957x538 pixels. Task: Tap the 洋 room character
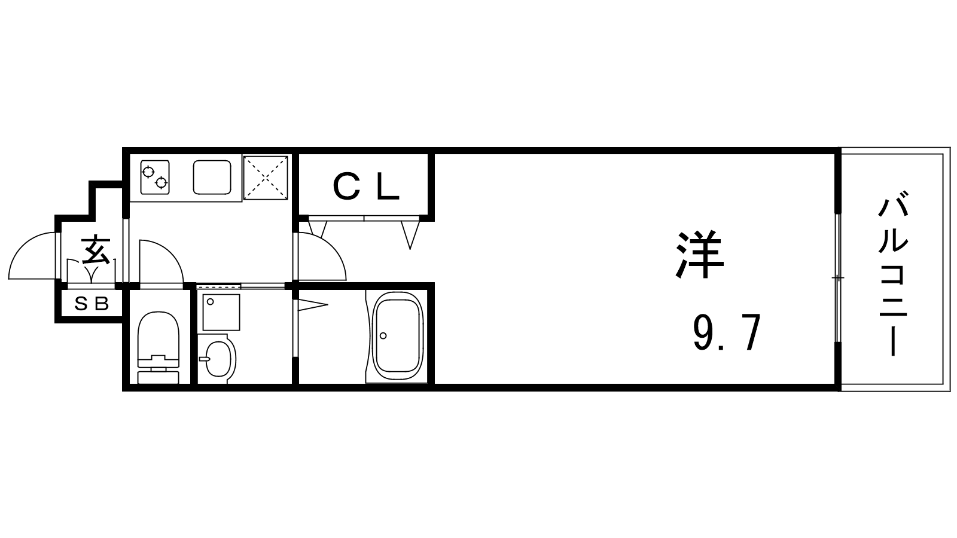click(x=699, y=255)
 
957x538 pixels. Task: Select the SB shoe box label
click(x=92, y=304)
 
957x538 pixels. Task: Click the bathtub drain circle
click(x=383, y=335)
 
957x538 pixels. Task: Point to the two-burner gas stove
click(x=155, y=177)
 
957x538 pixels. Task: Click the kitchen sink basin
click(x=212, y=177)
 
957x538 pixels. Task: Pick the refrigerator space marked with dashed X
click(x=266, y=178)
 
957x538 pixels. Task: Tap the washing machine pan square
click(x=221, y=312)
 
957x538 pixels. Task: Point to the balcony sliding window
click(x=838, y=278)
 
